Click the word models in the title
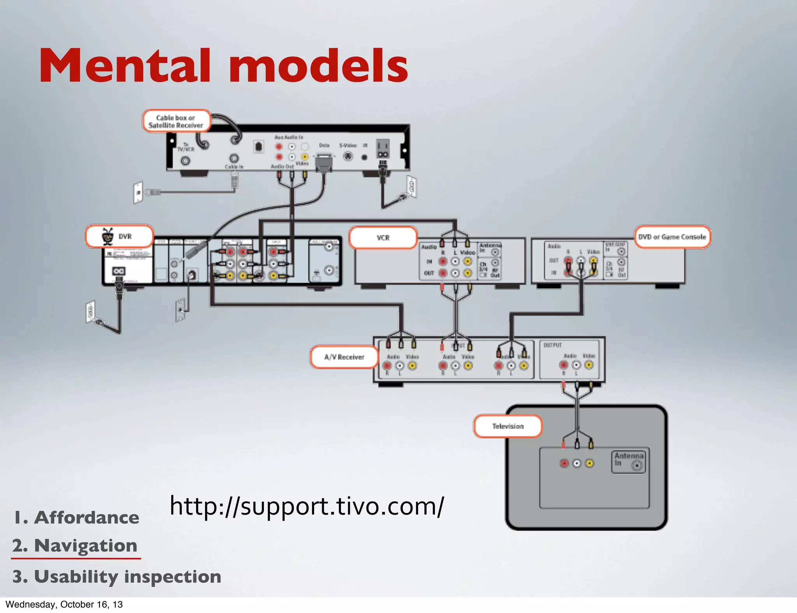point(318,66)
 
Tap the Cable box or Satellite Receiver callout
point(176,121)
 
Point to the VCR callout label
point(383,238)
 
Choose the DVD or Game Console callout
point(672,237)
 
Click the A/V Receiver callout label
point(344,357)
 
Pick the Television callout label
point(507,426)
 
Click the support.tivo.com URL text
point(306,506)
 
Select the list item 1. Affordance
point(77,518)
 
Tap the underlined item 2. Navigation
point(75,546)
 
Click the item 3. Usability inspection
point(117,576)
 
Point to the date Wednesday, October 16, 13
point(64,604)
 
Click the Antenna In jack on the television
point(637,465)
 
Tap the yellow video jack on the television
point(590,463)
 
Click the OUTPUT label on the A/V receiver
point(553,345)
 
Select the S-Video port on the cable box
point(348,156)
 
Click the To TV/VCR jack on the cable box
point(186,160)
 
